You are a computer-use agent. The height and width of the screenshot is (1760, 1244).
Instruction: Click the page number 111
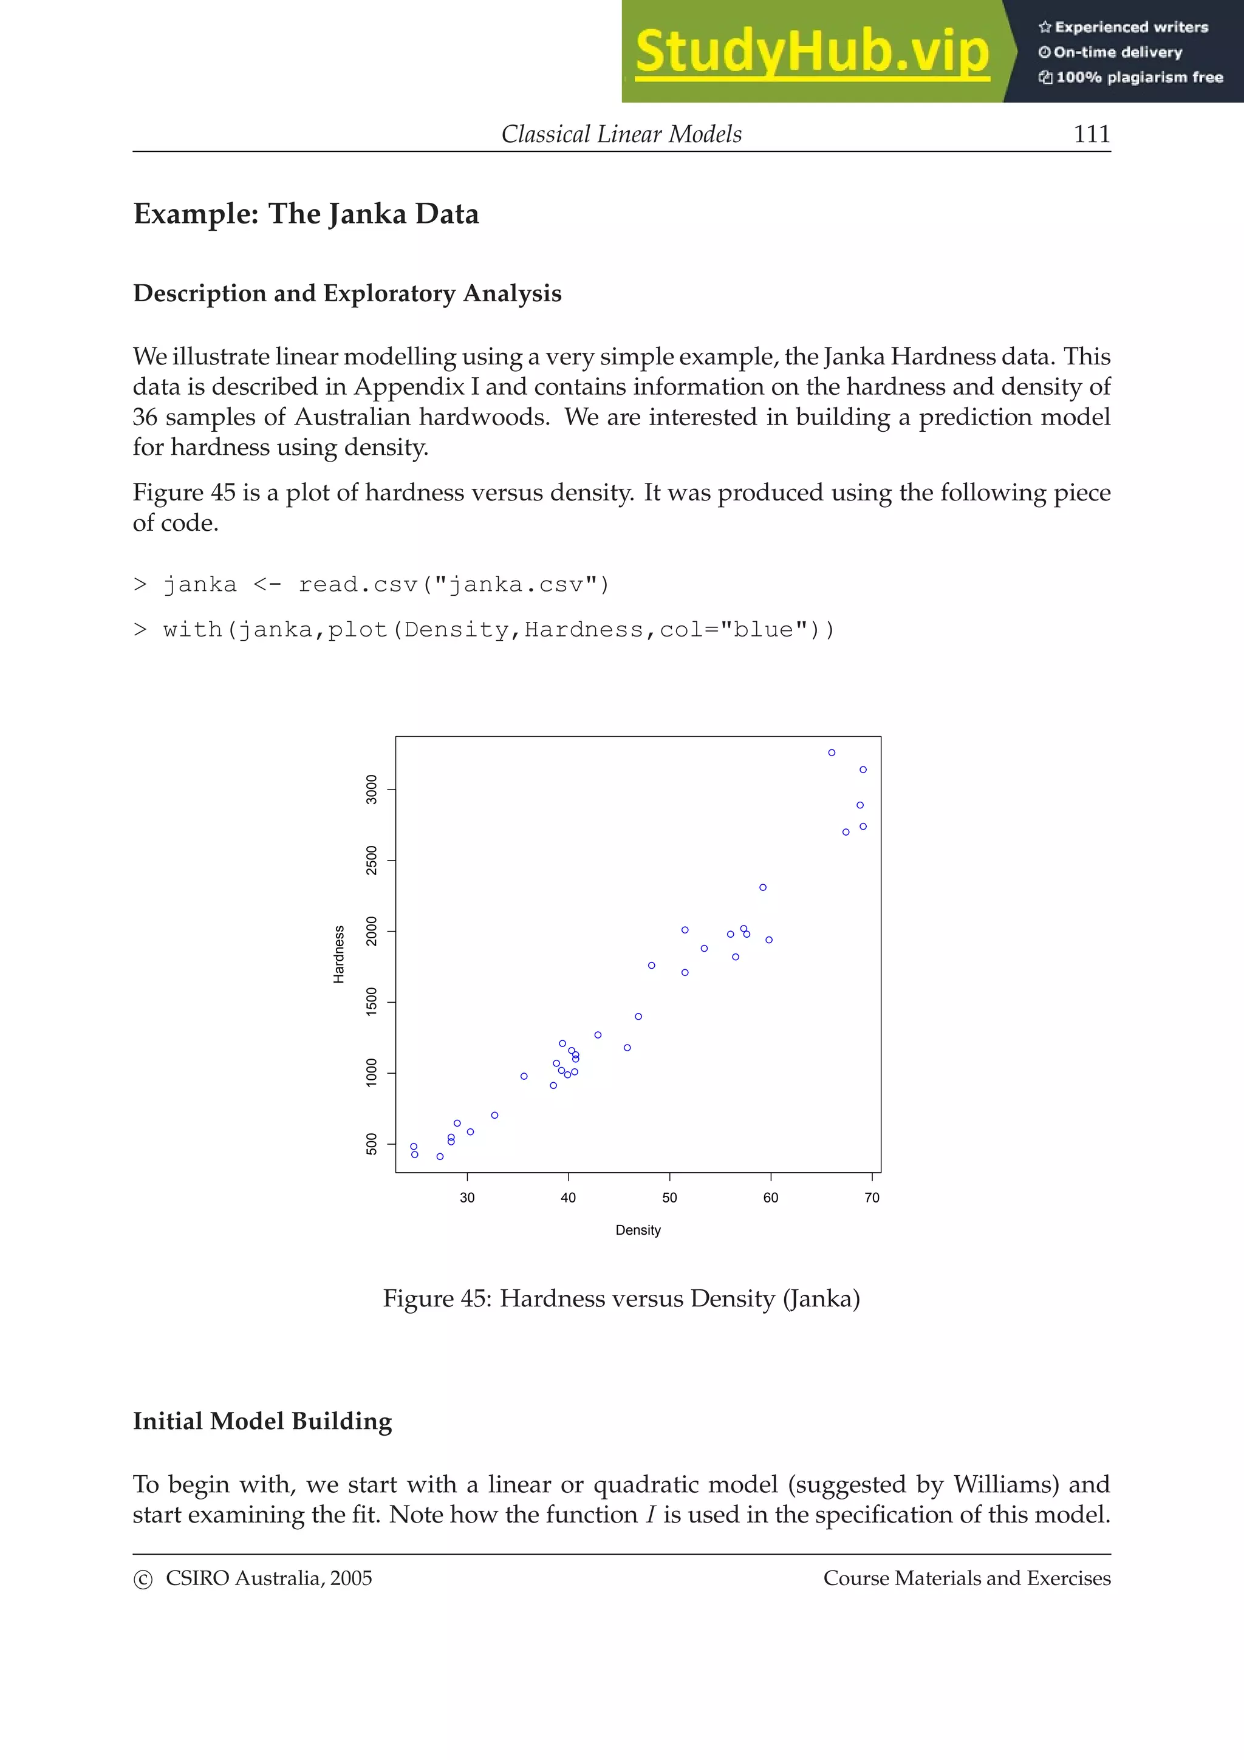pos(1091,134)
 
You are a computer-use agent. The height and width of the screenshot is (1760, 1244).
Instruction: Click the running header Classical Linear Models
pos(621,134)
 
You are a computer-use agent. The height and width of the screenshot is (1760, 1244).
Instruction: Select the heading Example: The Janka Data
pos(306,214)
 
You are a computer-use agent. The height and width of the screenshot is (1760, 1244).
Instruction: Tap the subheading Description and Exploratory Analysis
pos(347,293)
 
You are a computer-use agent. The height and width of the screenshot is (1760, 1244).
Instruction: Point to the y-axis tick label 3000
pos(372,790)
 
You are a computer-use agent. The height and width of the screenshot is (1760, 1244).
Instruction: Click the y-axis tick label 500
pos(372,1144)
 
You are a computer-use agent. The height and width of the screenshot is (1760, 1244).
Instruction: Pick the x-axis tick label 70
pos(872,1198)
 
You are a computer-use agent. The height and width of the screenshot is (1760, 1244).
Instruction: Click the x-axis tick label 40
pos(568,1198)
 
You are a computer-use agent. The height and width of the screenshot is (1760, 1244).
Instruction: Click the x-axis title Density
pos(638,1230)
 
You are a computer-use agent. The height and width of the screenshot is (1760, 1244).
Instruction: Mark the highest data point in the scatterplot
pos(832,752)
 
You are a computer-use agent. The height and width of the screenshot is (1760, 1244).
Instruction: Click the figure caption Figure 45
pos(621,1298)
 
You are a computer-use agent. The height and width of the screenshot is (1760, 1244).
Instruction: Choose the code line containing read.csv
pos(372,585)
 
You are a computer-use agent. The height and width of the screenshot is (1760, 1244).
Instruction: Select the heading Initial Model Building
pos(262,1421)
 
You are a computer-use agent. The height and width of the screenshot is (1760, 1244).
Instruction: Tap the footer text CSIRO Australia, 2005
pos(268,1578)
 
